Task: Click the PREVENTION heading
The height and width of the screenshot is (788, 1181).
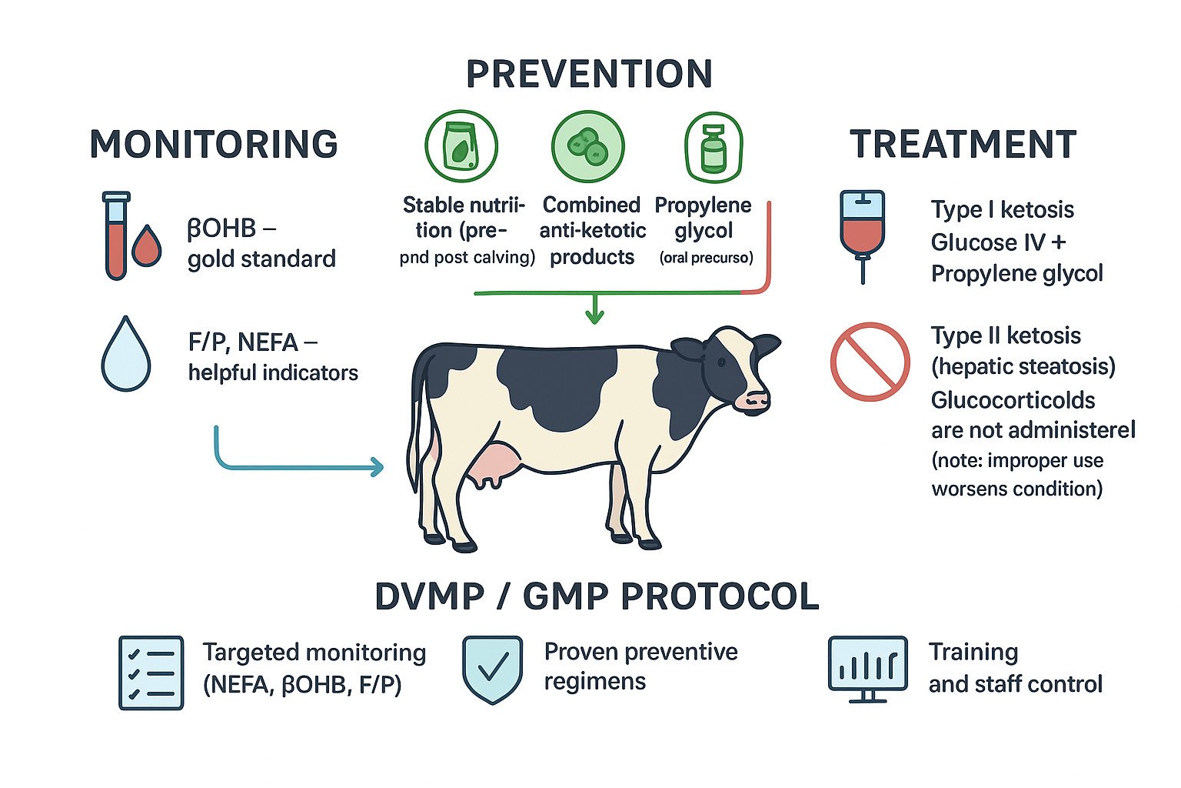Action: click(589, 74)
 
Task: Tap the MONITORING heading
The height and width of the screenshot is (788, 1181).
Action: click(214, 145)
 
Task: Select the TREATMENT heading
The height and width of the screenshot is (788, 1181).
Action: click(963, 145)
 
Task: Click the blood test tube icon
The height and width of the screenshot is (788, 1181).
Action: click(115, 235)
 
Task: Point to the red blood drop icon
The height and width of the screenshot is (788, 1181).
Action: click(147, 246)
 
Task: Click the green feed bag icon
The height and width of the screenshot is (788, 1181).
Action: click(461, 146)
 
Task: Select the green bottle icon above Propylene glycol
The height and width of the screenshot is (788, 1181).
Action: click(714, 148)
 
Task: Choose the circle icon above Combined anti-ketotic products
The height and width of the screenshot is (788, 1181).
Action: click(588, 146)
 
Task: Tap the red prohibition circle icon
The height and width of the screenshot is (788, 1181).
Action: click(870, 362)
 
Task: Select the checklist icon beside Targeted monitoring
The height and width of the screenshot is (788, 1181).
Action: click(151, 672)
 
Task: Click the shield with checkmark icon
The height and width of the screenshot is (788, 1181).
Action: click(492, 668)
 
